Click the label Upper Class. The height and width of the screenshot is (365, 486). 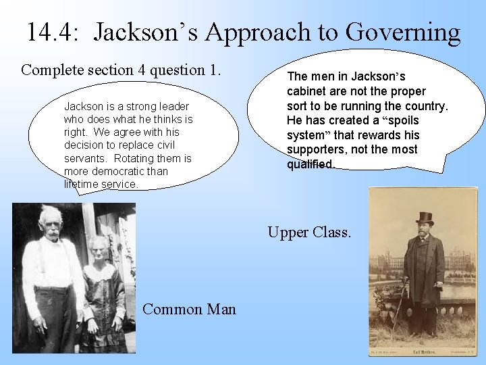tap(309, 233)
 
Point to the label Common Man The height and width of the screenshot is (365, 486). tap(190, 310)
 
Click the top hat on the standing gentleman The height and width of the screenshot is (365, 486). tap(425, 218)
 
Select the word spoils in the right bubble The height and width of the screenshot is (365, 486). tap(402, 120)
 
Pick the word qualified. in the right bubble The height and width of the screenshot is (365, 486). tap(310, 164)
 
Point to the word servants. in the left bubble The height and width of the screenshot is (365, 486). tap(85, 158)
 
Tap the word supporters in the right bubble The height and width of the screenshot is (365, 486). tap(317, 149)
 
